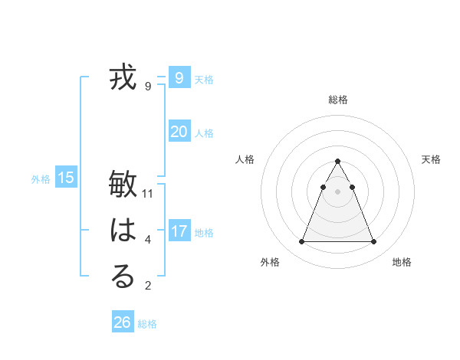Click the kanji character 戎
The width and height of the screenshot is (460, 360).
point(123,79)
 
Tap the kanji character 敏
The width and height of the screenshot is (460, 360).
point(123,186)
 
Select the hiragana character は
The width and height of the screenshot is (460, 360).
point(123,231)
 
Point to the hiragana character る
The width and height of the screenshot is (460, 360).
point(123,277)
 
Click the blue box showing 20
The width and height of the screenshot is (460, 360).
point(179,132)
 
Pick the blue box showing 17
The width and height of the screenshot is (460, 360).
point(179,231)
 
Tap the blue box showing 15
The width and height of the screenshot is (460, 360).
point(66,178)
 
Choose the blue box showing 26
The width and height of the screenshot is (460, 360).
point(123,322)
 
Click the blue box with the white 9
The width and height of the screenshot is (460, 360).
point(179,77)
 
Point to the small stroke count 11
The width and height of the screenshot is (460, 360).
point(148,194)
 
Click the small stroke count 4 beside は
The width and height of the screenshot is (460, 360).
point(148,240)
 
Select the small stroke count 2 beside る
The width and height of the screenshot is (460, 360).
point(148,286)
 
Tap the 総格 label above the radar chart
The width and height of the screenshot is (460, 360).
point(337,100)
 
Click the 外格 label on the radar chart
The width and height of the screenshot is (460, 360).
point(270,262)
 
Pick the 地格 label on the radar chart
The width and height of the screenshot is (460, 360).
point(402,262)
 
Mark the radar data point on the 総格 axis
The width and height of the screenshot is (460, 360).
point(337,161)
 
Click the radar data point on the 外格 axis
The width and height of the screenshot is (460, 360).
point(301,242)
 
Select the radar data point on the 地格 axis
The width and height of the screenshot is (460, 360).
point(373,242)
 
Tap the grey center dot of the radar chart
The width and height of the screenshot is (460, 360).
point(337,191)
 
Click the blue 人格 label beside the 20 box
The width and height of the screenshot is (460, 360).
point(204,133)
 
